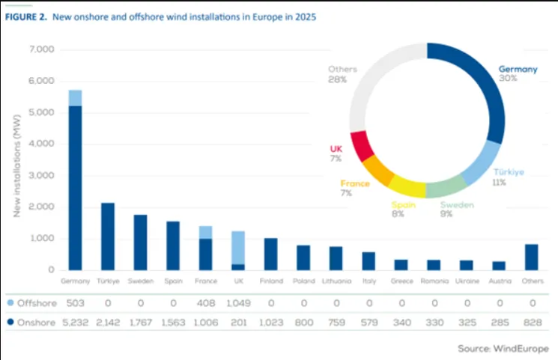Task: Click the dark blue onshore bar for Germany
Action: coord(75,187)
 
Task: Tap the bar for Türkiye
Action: coord(108,236)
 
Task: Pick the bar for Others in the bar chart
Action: coord(531,257)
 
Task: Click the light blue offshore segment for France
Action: coord(205,232)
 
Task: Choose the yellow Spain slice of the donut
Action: coord(407,187)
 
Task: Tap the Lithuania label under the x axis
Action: coord(336,281)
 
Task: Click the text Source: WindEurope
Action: coord(503,349)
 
